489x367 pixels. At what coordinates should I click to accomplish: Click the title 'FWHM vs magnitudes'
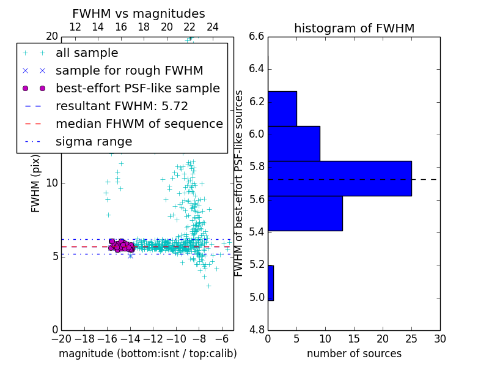139,13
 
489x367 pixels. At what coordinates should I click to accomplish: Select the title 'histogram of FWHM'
354,28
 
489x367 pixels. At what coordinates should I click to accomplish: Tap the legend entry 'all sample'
87,53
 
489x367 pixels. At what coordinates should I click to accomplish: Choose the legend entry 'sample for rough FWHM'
129,70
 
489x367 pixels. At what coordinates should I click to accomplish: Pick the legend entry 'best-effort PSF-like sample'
138,88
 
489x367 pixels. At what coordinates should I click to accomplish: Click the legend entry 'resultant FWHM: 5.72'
122,106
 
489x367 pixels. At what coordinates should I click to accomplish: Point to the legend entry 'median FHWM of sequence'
139,124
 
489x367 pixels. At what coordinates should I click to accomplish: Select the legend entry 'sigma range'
94,141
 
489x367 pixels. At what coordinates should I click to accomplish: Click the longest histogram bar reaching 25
339,179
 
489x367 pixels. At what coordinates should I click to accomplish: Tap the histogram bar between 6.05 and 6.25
282,108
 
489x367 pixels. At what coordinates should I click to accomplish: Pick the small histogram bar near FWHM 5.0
271,283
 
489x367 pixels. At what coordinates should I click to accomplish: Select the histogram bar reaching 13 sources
305,213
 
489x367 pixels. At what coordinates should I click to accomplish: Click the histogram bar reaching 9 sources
294,143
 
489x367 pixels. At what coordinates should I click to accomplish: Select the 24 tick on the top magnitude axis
213,28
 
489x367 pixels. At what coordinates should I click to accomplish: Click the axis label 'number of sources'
354,354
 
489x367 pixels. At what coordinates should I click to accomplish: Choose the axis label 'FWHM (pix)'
36,183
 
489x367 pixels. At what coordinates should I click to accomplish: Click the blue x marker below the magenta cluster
130,256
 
